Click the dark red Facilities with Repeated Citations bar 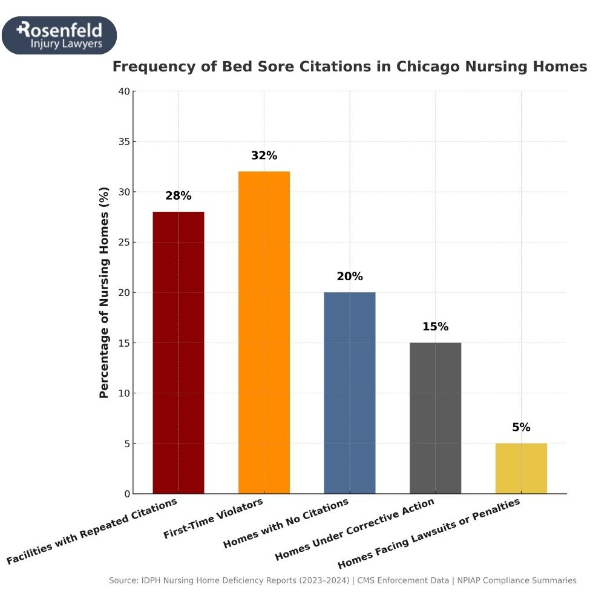click(179, 352)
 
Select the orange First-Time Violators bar click(264, 332)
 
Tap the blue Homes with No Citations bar click(350, 393)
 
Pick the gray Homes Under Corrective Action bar click(435, 418)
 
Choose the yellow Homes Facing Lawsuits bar click(521, 468)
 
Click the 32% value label click(264, 156)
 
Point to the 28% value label click(179, 196)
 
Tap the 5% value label click(521, 427)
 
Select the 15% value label click(435, 327)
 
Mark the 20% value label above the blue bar click(350, 277)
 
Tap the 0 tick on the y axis click(126, 494)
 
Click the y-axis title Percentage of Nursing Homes click(104, 293)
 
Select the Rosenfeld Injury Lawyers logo click(59, 36)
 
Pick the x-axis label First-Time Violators click(214, 519)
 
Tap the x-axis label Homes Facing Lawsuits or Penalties click(429, 534)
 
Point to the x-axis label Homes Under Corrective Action click(355, 529)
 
